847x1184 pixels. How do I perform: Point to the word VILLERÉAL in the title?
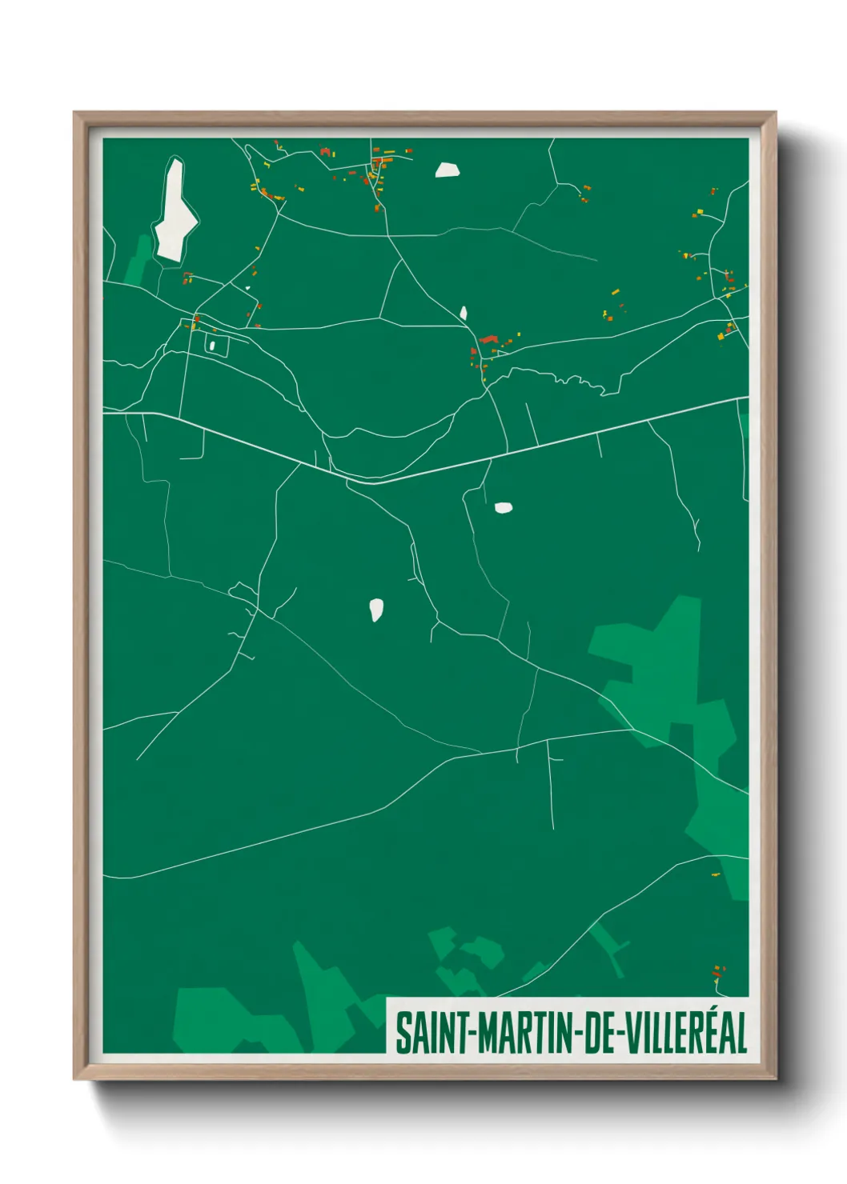(685, 1033)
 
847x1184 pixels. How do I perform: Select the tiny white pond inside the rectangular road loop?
(212, 346)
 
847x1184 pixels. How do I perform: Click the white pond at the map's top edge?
(447, 170)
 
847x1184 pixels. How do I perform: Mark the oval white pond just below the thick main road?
(503, 507)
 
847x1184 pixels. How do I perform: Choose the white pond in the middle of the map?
(375, 610)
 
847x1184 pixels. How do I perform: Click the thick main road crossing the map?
(560, 442)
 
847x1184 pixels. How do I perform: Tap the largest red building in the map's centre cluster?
(488, 340)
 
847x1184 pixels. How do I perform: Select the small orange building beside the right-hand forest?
(715, 874)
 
